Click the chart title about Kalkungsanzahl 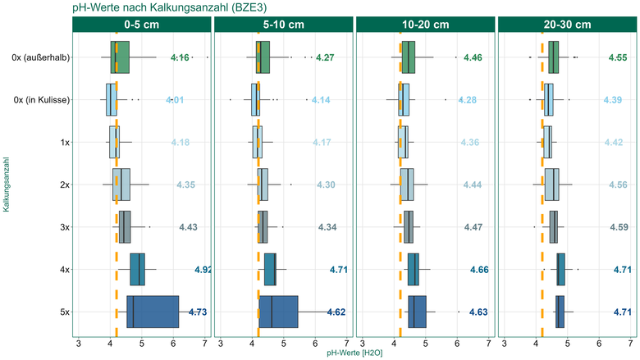(169, 7)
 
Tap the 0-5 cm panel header (142, 25)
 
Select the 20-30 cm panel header (567, 25)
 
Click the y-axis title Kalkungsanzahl (6, 185)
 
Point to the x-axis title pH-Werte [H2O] (354, 353)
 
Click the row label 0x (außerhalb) (41, 57)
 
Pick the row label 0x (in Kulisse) (42, 100)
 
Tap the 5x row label (65, 312)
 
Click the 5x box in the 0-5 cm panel (153, 312)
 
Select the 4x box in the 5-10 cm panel (270, 270)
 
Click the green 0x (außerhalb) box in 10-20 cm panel (409, 57)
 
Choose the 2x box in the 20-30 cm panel (552, 185)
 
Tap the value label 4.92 (203, 270)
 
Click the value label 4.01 (175, 100)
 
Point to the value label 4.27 (325, 57)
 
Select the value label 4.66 (479, 270)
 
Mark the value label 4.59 (619, 227)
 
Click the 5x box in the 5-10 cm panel (278, 312)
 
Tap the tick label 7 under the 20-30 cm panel (630, 344)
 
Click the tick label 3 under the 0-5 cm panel (79, 344)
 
